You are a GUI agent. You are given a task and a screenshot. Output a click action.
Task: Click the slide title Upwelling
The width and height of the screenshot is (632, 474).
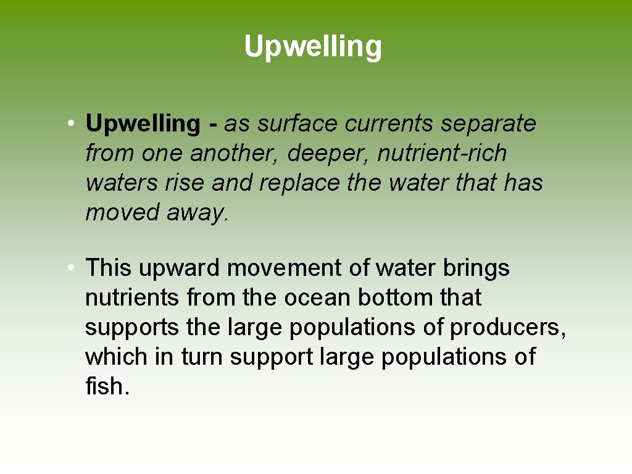tap(313, 46)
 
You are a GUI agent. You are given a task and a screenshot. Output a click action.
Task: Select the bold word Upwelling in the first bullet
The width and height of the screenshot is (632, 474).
tap(143, 124)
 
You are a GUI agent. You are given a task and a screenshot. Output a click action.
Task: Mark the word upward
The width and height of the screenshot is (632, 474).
tap(179, 268)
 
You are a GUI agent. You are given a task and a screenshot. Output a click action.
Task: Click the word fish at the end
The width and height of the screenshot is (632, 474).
tap(107, 387)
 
